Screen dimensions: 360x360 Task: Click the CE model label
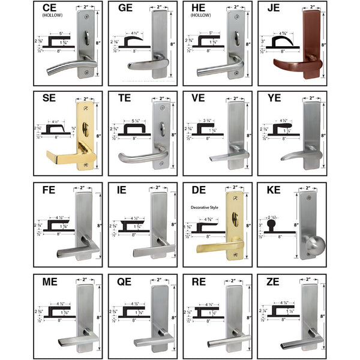[x=50, y=8]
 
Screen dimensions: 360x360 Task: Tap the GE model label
[x=125, y=8]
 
